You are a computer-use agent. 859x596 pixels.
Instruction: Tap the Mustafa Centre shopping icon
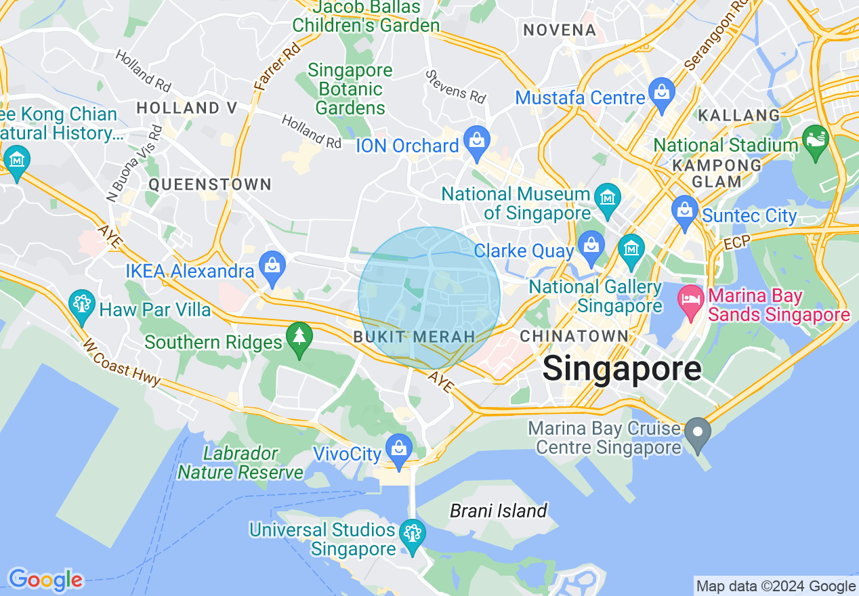click(x=661, y=92)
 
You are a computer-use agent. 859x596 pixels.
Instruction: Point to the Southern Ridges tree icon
click(x=299, y=337)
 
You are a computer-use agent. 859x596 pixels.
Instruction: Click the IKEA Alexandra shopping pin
click(x=272, y=267)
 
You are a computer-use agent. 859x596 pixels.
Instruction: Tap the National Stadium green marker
click(x=815, y=140)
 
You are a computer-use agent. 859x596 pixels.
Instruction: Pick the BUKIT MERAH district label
click(x=414, y=337)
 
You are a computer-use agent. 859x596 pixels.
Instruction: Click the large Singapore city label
click(x=621, y=369)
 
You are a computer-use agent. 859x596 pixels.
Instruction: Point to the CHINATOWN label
click(x=574, y=336)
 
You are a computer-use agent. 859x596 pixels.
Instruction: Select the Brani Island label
click(x=498, y=511)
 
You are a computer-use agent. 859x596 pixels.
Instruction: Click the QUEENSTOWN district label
click(x=210, y=184)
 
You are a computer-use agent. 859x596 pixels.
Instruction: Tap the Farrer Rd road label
click(x=268, y=68)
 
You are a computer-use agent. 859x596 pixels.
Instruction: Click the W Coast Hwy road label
click(x=122, y=362)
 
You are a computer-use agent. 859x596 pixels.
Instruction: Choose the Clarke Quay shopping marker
click(x=591, y=247)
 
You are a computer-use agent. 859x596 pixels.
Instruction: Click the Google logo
click(x=45, y=580)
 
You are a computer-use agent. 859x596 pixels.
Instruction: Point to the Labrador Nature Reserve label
click(x=240, y=463)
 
